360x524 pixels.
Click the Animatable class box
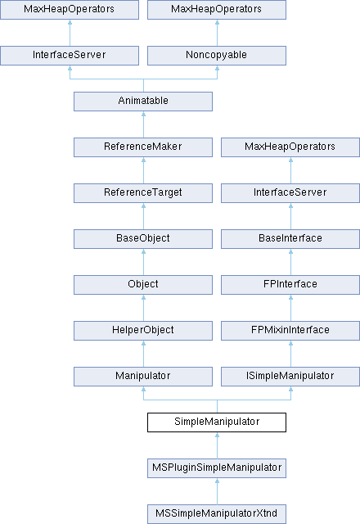[x=143, y=102]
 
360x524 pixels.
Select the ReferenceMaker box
[x=143, y=147]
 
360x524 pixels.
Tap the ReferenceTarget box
[x=143, y=193]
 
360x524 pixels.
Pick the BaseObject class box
[x=143, y=238]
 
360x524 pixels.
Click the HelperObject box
[x=143, y=331]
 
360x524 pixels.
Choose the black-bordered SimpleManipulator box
[x=217, y=422]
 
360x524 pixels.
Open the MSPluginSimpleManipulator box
[x=217, y=468]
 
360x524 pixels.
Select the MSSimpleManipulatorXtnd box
[x=217, y=514]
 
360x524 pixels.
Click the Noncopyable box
[x=217, y=56]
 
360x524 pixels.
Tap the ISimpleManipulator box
[x=290, y=377]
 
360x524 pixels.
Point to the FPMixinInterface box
[x=290, y=331]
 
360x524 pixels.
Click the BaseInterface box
[x=290, y=238]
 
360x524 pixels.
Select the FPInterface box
[x=290, y=285]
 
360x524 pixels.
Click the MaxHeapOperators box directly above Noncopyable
[x=217, y=10]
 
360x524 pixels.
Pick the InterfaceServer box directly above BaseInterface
[x=290, y=193]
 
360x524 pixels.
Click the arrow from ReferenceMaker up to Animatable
[x=144, y=124]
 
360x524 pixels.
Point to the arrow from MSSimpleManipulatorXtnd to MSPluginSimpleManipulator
[x=218, y=491]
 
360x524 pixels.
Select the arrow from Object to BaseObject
[x=144, y=262]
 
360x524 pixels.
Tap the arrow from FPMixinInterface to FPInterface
[x=291, y=308]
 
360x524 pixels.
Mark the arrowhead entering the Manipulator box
[x=144, y=389]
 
